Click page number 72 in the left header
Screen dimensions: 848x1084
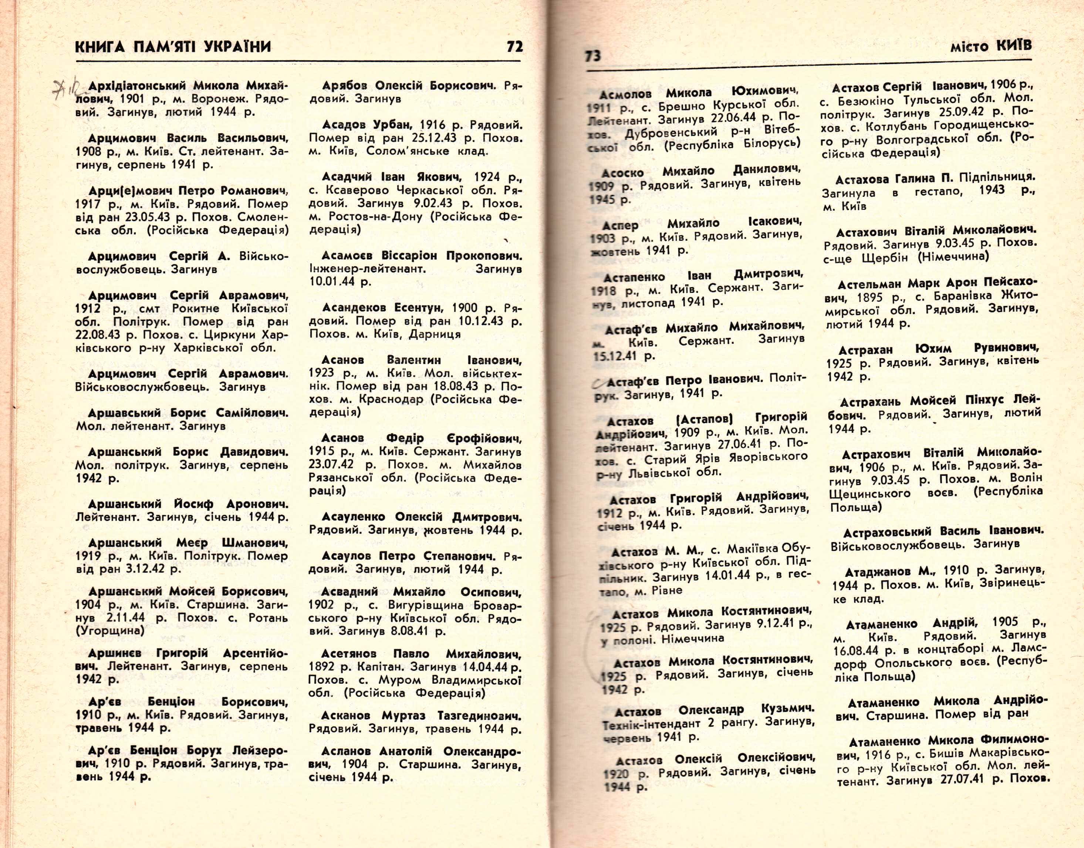point(515,47)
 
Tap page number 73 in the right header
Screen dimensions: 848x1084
point(592,56)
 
